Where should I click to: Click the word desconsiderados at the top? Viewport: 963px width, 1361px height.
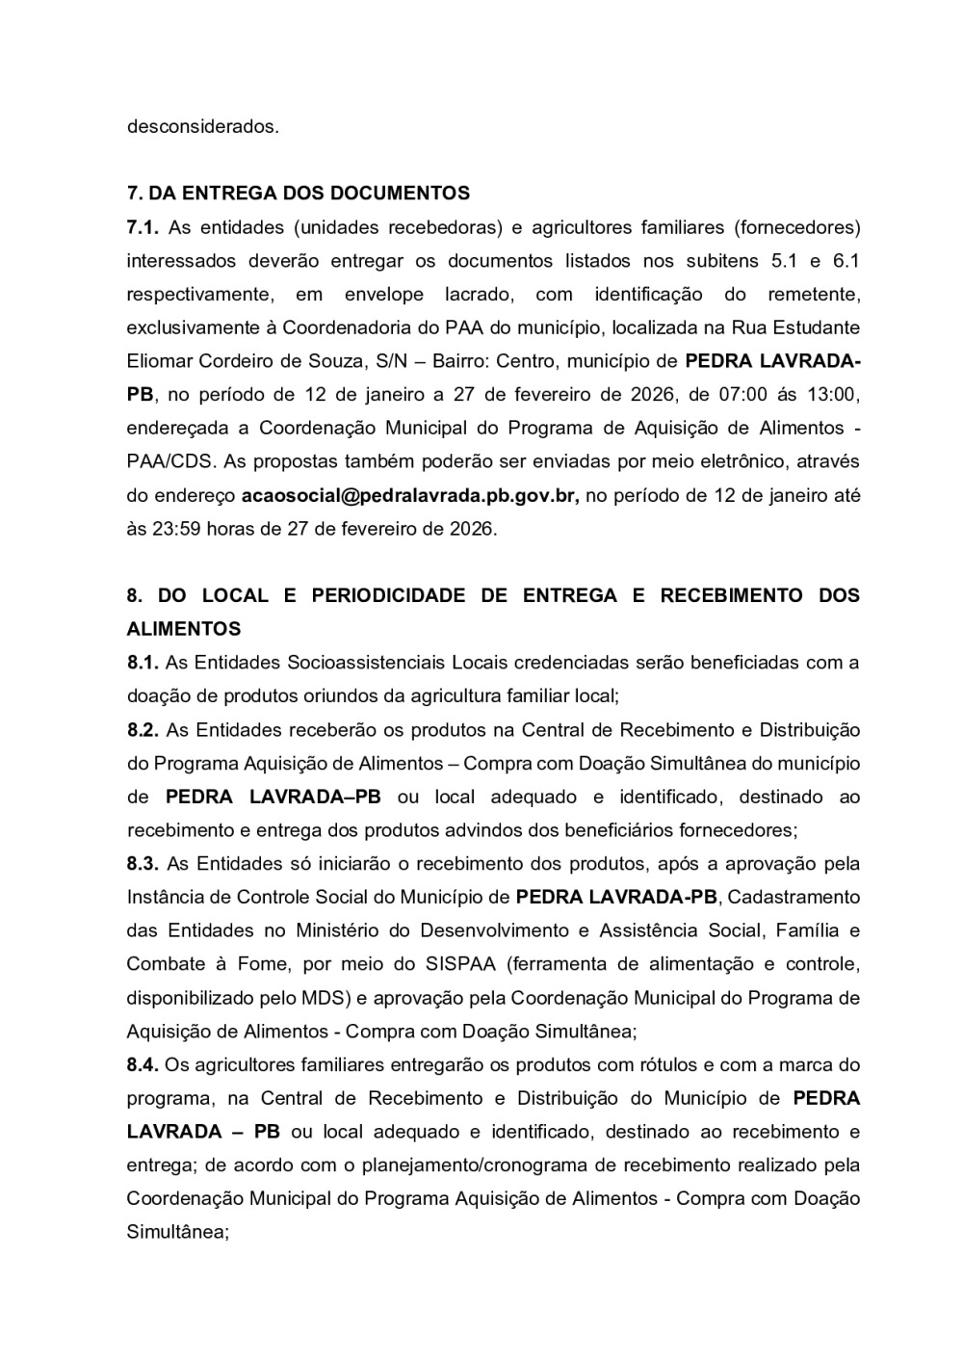coord(203,126)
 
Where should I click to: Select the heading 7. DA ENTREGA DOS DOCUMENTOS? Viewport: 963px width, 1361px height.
coord(299,193)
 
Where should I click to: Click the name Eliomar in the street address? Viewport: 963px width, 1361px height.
coord(159,361)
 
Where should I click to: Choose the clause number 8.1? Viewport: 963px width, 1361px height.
coord(143,663)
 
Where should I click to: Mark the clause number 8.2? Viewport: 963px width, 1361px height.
coord(143,729)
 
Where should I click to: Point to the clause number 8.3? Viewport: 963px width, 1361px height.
coord(143,864)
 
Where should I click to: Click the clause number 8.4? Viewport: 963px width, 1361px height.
coord(143,1064)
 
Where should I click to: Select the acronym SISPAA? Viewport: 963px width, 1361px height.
coord(455,964)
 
